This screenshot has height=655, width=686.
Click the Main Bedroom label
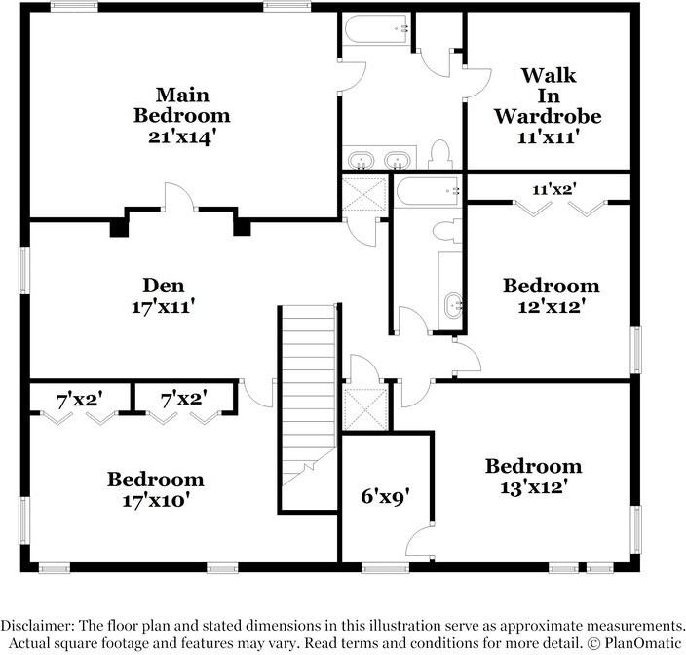click(x=182, y=105)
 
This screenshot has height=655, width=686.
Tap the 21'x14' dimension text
click(x=183, y=137)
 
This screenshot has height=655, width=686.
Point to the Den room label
click(x=164, y=286)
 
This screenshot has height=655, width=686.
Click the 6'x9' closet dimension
click(x=386, y=496)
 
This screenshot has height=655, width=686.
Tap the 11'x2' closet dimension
click(x=554, y=189)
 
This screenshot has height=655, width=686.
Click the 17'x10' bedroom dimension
click(x=156, y=500)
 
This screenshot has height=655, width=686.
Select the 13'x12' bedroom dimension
click(x=534, y=487)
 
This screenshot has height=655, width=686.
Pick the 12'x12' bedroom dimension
click(x=552, y=306)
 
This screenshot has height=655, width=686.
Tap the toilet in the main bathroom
click(x=439, y=154)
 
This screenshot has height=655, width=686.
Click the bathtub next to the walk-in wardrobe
click(x=377, y=29)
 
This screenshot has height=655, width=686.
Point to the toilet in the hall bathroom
click(x=447, y=231)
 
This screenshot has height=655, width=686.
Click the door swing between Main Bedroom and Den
click(x=180, y=197)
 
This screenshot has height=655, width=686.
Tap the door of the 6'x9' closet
click(x=420, y=541)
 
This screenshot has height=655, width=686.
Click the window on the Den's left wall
click(x=24, y=270)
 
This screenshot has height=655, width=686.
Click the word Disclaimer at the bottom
click(x=37, y=625)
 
